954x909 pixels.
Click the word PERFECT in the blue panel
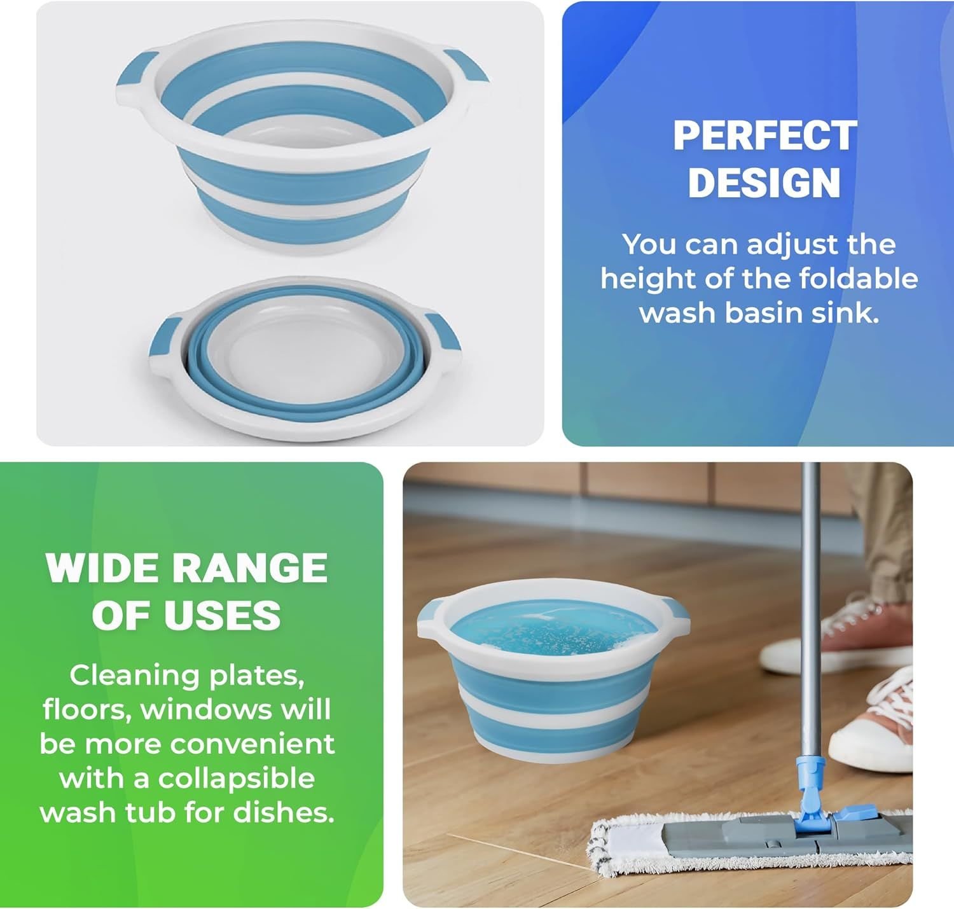[764, 136]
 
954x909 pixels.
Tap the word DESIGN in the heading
[764, 183]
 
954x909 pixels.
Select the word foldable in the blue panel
[859, 279]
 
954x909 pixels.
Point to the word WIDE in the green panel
[105, 567]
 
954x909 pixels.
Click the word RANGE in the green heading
[251, 567]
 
